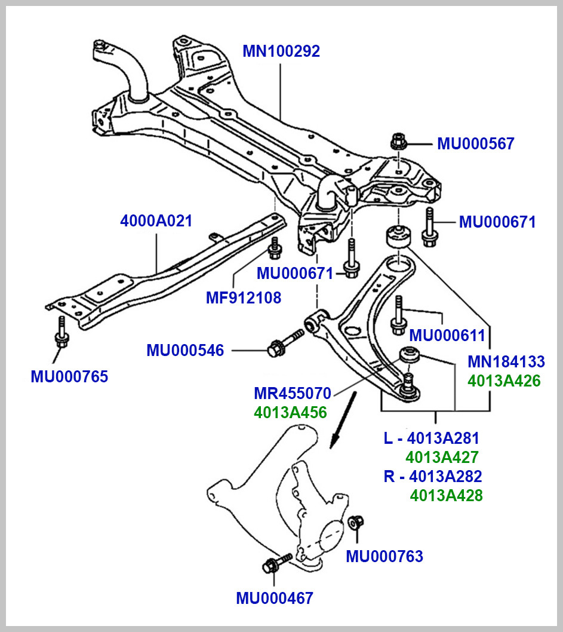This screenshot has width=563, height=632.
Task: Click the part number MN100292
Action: click(x=281, y=51)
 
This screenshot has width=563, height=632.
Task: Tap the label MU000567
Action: click(x=475, y=144)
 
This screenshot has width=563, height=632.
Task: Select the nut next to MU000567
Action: click(x=397, y=143)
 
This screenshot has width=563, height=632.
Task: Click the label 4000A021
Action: click(x=156, y=221)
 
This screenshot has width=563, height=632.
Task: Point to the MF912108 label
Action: click(x=243, y=297)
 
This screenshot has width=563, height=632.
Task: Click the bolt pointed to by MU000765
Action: click(x=61, y=332)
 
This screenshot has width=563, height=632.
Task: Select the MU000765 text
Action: click(x=69, y=377)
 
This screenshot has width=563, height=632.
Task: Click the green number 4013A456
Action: click(x=290, y=412)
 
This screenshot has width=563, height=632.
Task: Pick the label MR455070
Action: click(x=292, y=394)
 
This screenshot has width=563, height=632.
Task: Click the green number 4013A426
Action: click(x=504, y=381)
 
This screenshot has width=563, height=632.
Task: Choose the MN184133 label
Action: click(x=506, y=361)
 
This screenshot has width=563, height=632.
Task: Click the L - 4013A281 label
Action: click(x=431, y=438)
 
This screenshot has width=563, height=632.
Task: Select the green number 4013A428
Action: click(x=446, y=495)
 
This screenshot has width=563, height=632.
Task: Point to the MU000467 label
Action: click(x=274, y=598)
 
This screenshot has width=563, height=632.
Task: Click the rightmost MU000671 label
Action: click(x=497, y=222)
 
